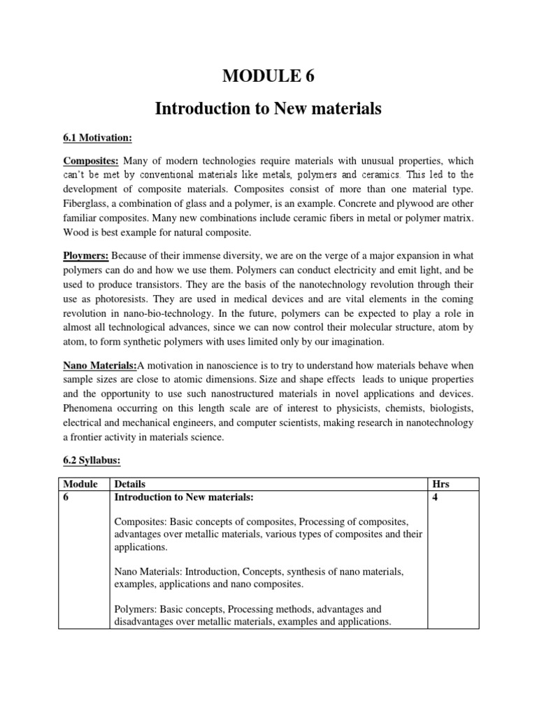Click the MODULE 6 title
click(268, 76)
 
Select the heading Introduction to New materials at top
click(268, 109)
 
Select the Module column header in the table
click(81, 485)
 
